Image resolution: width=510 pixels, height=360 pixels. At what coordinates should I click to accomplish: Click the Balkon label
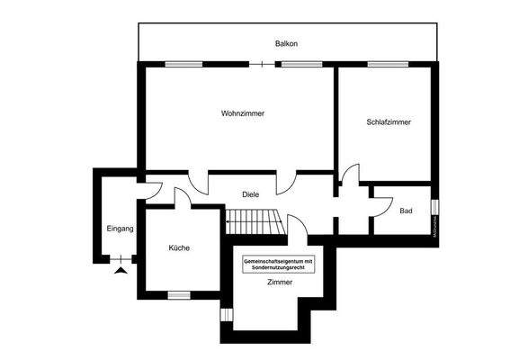coord(286,43)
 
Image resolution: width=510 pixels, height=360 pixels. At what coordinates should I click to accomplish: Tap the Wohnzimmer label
coord(242,113)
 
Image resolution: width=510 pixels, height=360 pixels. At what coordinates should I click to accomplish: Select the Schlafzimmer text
coord(389,121)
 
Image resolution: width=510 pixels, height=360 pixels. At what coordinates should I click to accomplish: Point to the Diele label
coord(251,193)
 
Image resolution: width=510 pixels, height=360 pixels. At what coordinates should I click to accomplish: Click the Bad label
coord(406,211)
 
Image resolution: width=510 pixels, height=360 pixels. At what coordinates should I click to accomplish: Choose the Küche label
coord(178,248)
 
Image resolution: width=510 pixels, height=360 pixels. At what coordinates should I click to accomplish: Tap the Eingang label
coord(120,229)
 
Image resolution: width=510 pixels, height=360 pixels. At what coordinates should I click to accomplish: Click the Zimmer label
coord(279,283)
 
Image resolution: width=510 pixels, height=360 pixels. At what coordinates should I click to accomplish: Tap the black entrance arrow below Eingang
coord(121,267)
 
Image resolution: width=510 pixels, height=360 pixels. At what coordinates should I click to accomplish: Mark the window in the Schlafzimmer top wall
coord(386,64)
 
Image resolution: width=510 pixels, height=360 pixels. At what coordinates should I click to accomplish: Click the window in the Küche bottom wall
coord(179,294)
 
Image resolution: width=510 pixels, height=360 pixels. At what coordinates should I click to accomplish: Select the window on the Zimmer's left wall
coord(225,315)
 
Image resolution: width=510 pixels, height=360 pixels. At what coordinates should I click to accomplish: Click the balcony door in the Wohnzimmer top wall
coord(262,64)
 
